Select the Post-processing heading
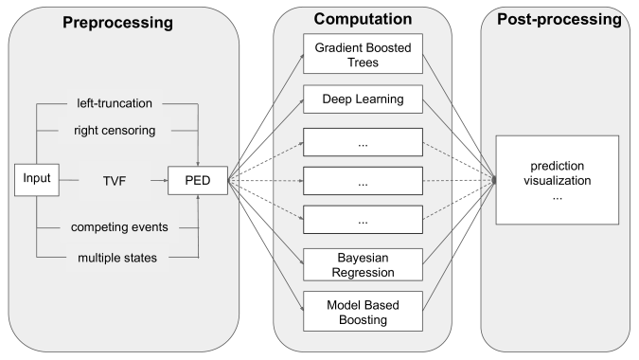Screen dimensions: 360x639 pyautogui.click(x=558, y=19)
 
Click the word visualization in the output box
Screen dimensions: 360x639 pyautogui.click(x=557, y=180)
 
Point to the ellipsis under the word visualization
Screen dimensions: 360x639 pyautogui.click(x=557, y=196)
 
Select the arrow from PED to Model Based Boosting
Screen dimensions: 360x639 pyautogui.click(x=267, y=243)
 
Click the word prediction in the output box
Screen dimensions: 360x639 pyautogui.click(x=557, y=164)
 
